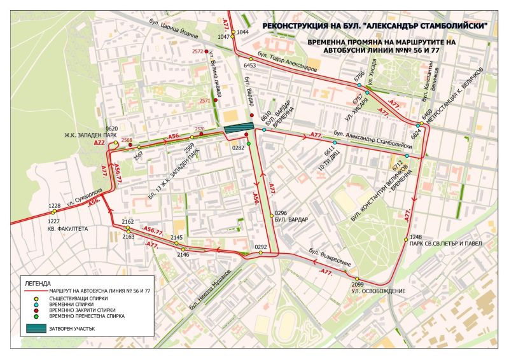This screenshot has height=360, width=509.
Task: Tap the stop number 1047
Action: click(224, 37)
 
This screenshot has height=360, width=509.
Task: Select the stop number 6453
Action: click(249, 65)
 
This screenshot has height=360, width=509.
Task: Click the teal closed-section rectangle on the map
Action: click(237, 129)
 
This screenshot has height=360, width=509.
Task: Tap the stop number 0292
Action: click(260, 246)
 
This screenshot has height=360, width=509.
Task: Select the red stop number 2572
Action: click(198, 51)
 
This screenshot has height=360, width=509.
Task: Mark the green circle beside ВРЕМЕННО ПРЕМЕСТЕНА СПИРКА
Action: click(36, 316)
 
